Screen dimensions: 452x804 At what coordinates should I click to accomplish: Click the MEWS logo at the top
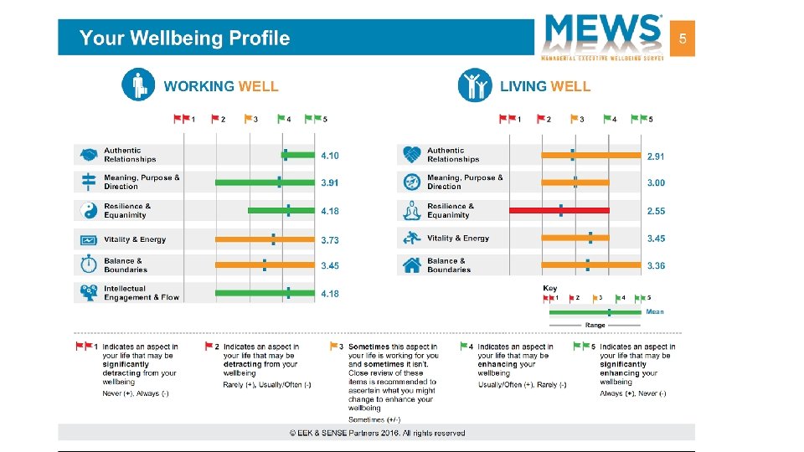click(603, 35)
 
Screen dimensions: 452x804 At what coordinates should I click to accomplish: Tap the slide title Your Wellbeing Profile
click(184, 39)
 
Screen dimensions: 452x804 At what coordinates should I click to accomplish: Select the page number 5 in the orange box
click(683, 39)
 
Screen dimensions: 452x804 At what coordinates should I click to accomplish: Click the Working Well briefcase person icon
click(137, 85)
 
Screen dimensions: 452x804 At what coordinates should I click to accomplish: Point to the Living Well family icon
click(475, 85)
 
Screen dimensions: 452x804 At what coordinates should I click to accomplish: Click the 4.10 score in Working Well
click(330, 156)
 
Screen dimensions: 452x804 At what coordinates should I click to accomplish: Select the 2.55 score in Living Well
click(656, 212)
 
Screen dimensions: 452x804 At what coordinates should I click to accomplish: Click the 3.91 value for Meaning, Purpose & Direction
click(330, 182)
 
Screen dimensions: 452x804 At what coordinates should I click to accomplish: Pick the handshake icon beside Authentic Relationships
click(88, 155)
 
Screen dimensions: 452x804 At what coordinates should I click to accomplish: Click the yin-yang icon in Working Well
click(88, 210)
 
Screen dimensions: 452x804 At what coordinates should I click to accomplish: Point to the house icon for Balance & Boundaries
click(411, 265)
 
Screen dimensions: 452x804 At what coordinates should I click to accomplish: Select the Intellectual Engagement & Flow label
click(141, 293)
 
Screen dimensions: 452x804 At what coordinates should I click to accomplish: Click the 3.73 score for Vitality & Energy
click(330, 239)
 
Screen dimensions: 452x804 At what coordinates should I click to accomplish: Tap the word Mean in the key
click(655, 311)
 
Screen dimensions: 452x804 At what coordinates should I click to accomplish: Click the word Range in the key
click(595, 325)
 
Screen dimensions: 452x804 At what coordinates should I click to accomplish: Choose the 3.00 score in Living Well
click(656, 182)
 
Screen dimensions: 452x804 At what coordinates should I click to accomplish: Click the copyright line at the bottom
click(377, 433)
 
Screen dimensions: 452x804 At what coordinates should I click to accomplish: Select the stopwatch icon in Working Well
click(88, 265)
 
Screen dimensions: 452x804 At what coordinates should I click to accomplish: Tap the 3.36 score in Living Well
click(656, 265)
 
